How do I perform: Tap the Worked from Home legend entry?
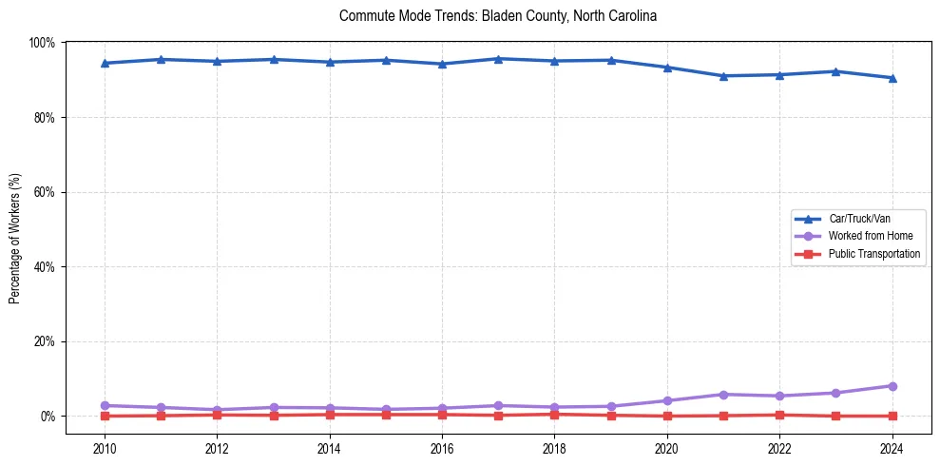(x=870, y=236)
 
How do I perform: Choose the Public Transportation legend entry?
(x=873, y=254)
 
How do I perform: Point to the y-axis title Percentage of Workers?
(x=14, y=239)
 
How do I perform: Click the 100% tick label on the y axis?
(x=42, y=43)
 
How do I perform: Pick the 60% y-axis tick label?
(x=44, y=192)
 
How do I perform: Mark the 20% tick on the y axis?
(x=44, y=341)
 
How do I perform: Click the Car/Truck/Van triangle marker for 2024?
(x=892, y=78)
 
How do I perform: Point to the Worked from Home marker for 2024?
(x=892, y=386)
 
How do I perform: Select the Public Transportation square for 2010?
(x=105, y=416)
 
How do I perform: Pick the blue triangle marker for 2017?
(x=498, y=59)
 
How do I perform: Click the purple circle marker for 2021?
(x=723, y=395)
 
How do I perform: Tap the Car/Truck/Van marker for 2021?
(x=723, y=76)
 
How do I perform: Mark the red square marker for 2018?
(x=554, y=414)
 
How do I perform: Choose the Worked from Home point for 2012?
(x=217, y=410)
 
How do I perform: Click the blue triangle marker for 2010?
(x=105, y=64)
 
